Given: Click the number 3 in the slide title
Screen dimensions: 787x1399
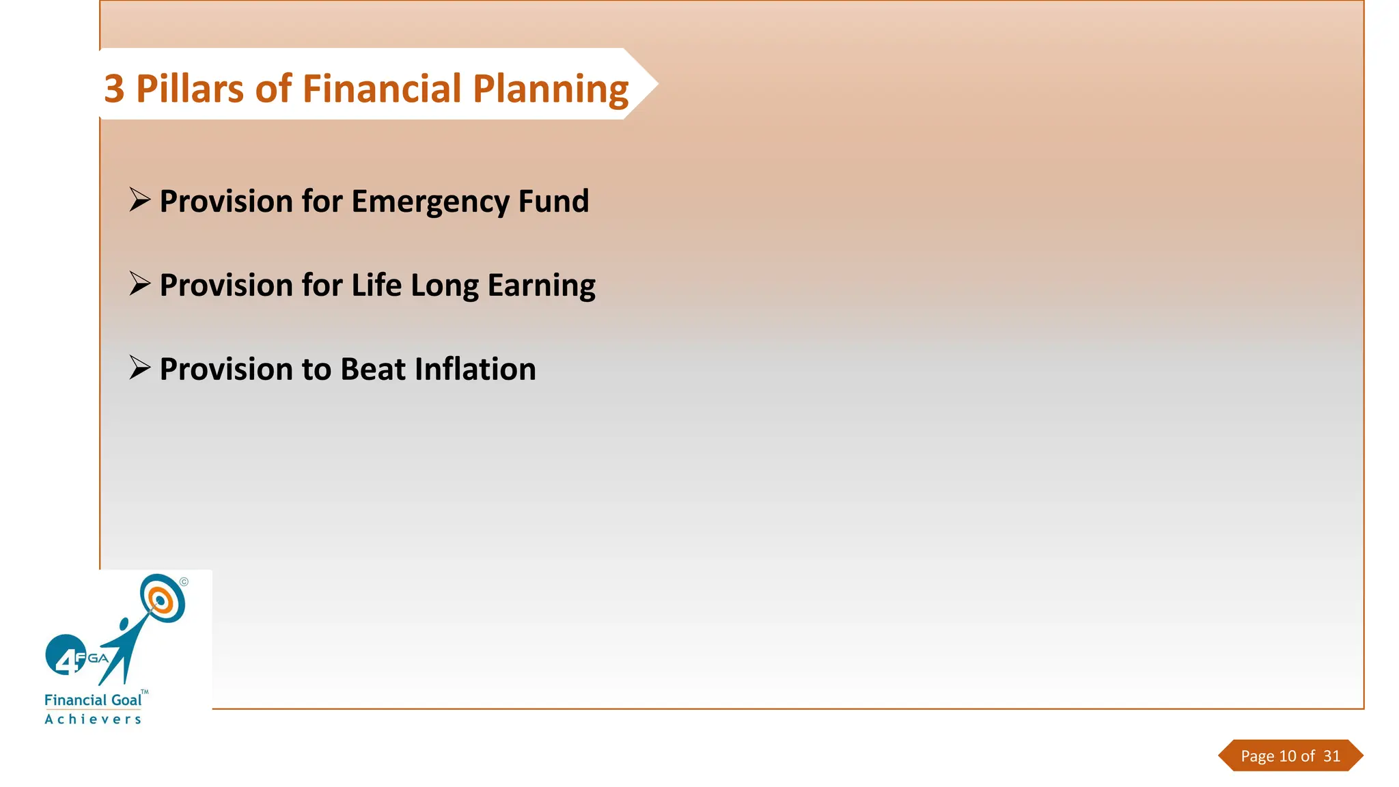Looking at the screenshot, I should coord(115,89).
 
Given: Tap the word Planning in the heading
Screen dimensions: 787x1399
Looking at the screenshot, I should coord(551,90).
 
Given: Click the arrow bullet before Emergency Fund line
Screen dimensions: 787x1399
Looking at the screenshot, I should coord(140,200).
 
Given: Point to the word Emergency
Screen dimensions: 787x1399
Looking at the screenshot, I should coord(430,202).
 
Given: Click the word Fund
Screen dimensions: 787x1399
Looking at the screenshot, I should coord(553,201).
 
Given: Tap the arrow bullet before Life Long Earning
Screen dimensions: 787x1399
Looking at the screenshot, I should coord(140,284).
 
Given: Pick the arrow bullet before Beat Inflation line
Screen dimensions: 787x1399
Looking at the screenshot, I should coord(140,368).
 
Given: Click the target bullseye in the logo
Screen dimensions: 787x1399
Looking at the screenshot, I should coord(161,599).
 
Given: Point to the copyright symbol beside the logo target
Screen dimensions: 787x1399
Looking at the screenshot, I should coord(184,582).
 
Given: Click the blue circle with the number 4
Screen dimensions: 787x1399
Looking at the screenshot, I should coord(65,654).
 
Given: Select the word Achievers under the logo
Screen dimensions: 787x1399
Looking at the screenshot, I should coord(93,719).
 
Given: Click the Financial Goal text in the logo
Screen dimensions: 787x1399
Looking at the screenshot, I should coord(93,700).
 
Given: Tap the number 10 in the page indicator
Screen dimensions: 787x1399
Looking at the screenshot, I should coord(1288,756).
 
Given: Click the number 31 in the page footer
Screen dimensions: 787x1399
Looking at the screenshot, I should coord(1331,756).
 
